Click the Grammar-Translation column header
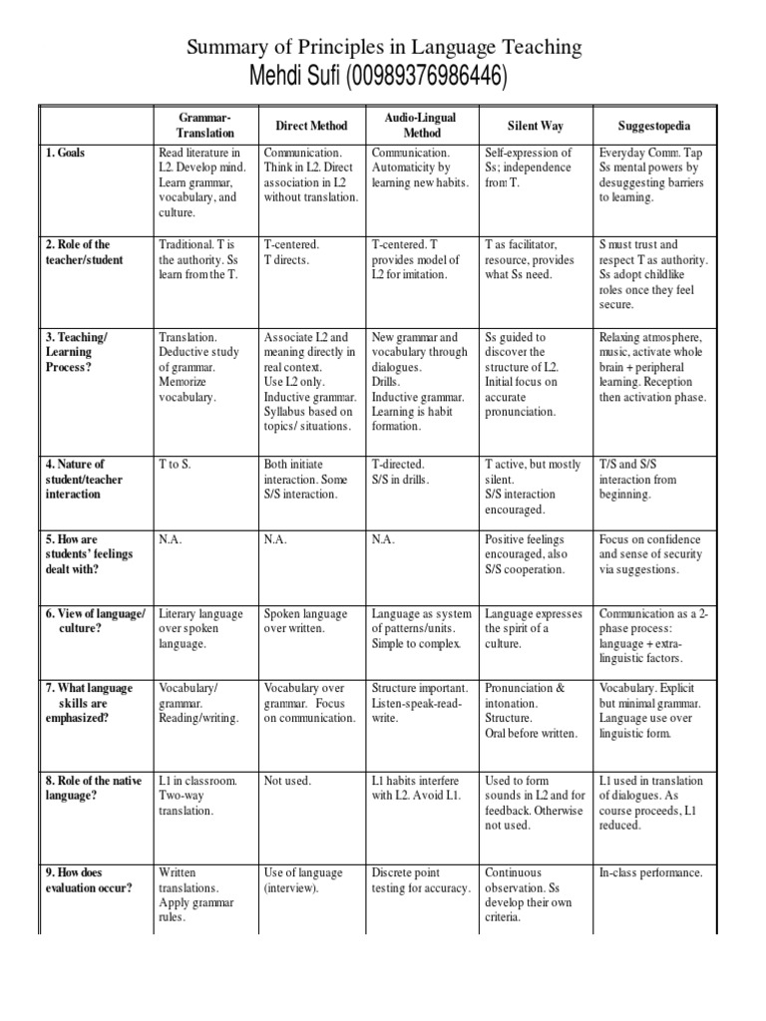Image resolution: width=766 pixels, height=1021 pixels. tap(205, 125)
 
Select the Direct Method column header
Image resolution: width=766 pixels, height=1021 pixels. tap(311, 126)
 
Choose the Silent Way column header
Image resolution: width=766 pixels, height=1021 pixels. tap(536, 126)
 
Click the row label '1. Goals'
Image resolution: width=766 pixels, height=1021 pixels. tap(65, 153)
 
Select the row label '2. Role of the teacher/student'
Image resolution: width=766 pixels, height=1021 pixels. tap(84, 252)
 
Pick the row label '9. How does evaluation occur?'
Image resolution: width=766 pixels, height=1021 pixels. tap(88, 880)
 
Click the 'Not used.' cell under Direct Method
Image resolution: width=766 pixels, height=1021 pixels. tap(287, 782)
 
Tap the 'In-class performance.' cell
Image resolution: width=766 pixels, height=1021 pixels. tap(651, 873)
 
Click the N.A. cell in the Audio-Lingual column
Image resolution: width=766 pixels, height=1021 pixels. tap(383, 539)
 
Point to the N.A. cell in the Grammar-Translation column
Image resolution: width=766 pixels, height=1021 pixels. tap(172, 539)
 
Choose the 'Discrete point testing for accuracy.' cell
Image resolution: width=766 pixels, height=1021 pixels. tap(419, 880)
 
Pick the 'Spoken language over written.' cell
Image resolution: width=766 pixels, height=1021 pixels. tap(305, 621)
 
